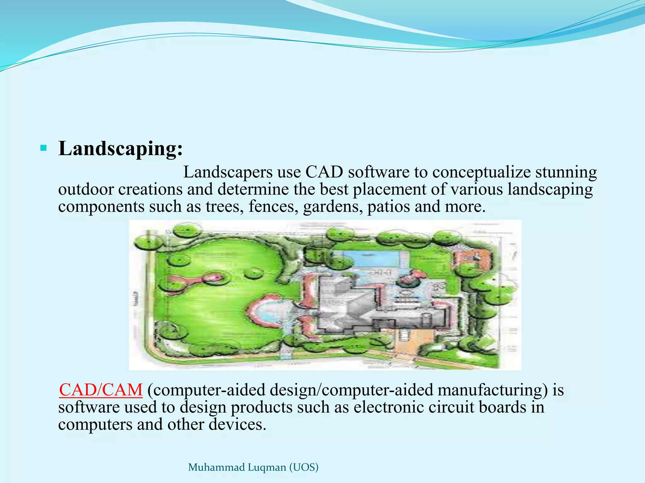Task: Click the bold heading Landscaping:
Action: (120, 148)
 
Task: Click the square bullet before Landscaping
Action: (43, 148)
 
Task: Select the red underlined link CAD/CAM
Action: (101, 390)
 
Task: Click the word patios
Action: (388, 207)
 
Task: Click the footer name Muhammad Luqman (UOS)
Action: (253, 467)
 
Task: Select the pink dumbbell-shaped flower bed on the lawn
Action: (195, 280)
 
